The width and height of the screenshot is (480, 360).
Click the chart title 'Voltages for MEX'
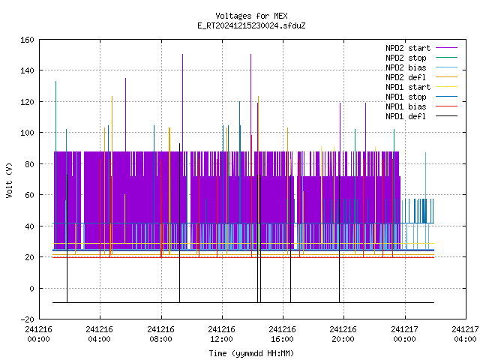(251, 16)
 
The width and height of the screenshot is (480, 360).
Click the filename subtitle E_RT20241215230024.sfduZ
(251, 25)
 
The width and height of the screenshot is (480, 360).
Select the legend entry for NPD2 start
(421, 48)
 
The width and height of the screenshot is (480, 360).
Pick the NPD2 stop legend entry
(421, 58)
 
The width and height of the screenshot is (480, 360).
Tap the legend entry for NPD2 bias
(421, 67)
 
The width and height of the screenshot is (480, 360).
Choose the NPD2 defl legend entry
(421, 77)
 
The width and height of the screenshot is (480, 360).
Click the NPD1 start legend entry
(421, 87)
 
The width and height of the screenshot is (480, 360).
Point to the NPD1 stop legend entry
(421, 97)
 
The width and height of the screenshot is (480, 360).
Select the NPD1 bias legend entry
(421, 106)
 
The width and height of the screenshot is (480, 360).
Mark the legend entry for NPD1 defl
(421, 117)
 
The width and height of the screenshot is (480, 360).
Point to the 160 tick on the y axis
(27, 40)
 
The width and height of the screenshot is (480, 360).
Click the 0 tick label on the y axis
(31, 289)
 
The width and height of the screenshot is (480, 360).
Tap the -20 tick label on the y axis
(27, 319)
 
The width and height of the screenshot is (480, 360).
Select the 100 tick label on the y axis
(27, 133)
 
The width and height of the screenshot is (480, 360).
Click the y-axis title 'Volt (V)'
(9, 180)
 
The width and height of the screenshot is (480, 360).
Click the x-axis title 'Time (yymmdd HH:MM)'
(251, 353)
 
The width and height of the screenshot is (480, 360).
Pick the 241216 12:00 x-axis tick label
(221, 334)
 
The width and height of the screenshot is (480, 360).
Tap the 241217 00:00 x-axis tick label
(404, 334)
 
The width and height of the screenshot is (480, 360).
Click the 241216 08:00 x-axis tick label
(160, 334)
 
